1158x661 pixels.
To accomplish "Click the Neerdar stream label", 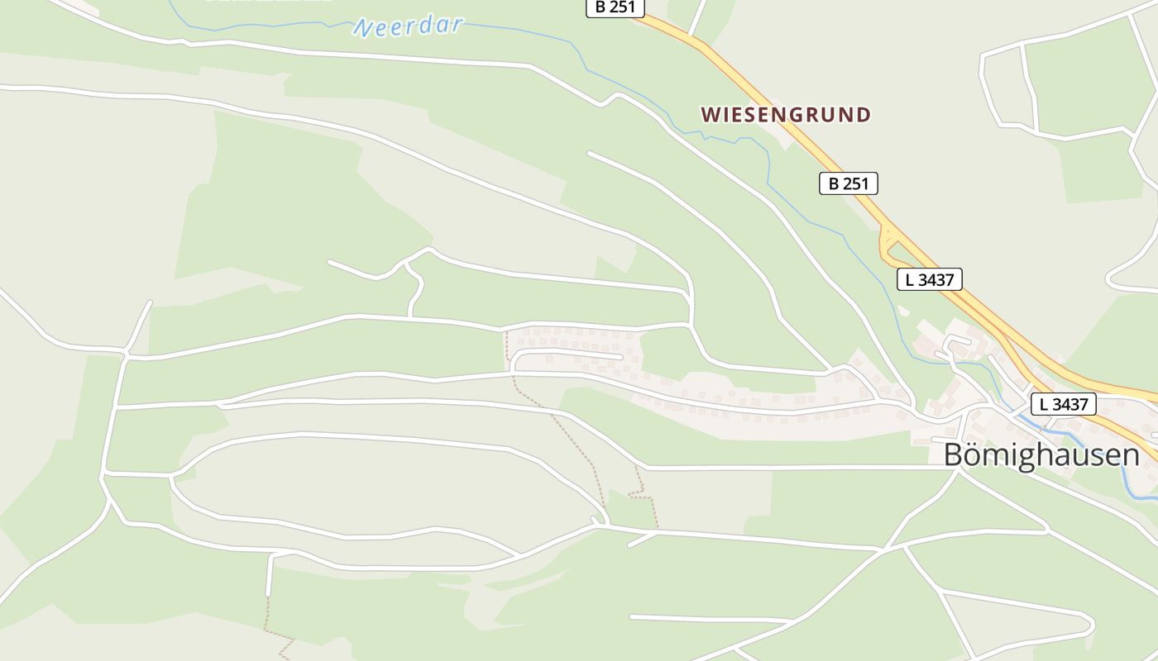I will click(409, 26).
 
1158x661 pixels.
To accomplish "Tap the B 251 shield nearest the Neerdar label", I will click(615, 7).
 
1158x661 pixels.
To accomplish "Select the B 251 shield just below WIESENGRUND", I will click(848, 183).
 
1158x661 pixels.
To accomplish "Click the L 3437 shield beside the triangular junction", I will click(930, 279).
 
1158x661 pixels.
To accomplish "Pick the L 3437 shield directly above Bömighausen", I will click(1063, 404).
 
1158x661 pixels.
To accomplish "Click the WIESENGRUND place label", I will click(786, 115).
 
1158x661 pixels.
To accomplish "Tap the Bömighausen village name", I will click(1041, 455).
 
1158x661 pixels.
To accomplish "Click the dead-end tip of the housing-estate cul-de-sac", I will click(620, 357).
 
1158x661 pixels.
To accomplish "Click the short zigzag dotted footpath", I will click(644, 494).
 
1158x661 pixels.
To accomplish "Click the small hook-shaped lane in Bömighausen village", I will click(956, 342).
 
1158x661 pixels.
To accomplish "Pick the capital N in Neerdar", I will click(361, 30).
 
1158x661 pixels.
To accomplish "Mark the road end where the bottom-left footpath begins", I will click(268, 594).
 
